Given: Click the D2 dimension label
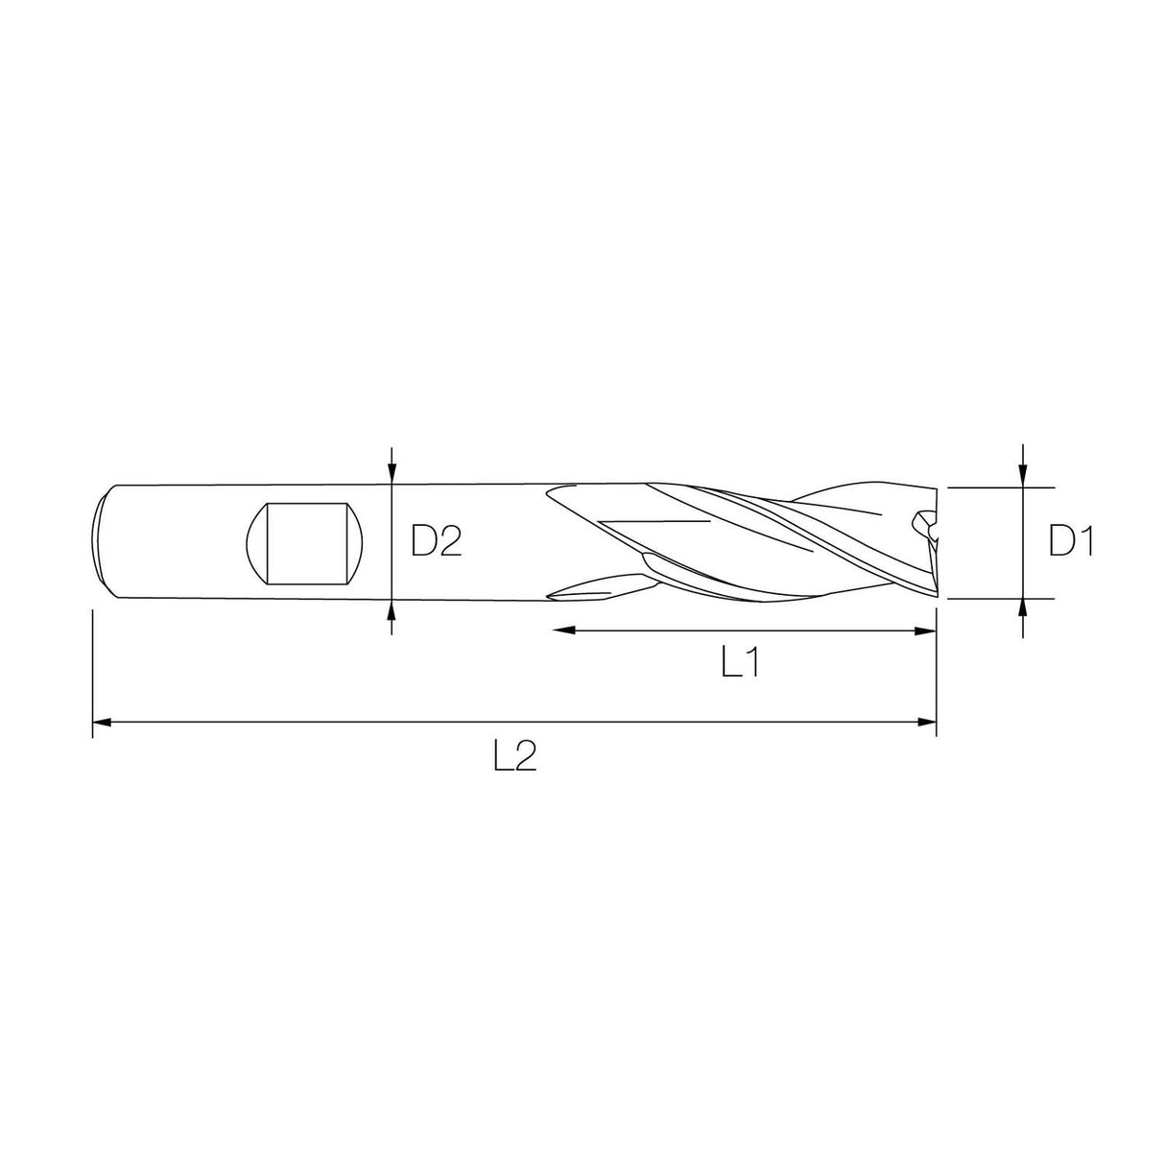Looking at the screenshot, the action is (436, 541).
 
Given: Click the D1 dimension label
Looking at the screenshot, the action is (1071, 540).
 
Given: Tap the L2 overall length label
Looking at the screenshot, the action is (515, 756).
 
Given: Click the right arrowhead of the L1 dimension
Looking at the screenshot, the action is (925, 630).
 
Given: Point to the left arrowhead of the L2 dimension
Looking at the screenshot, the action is (104, 722).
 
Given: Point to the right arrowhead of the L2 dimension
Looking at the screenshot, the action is (925, 722).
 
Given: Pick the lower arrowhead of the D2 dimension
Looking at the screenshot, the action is (392, 611).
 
